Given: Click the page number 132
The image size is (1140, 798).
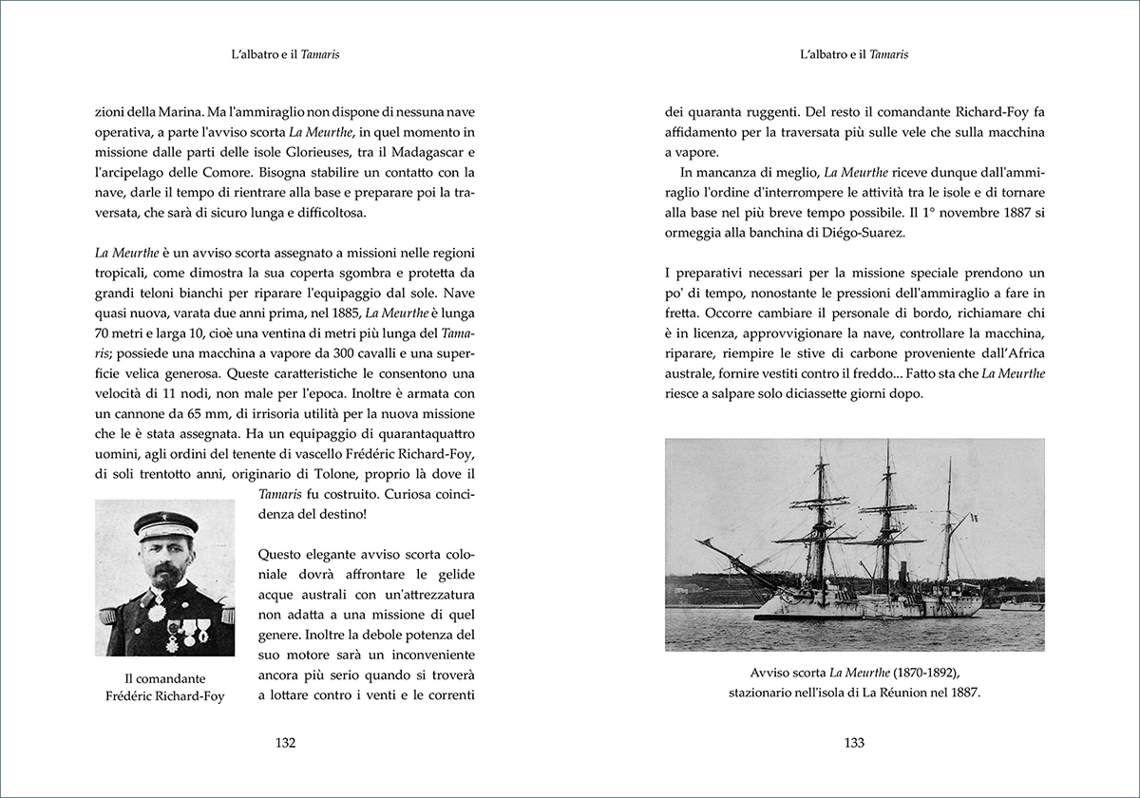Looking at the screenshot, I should pyautogui.click(x=285, y=743).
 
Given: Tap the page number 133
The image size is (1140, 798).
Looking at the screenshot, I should pyautogui.click(x=854, y=743).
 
